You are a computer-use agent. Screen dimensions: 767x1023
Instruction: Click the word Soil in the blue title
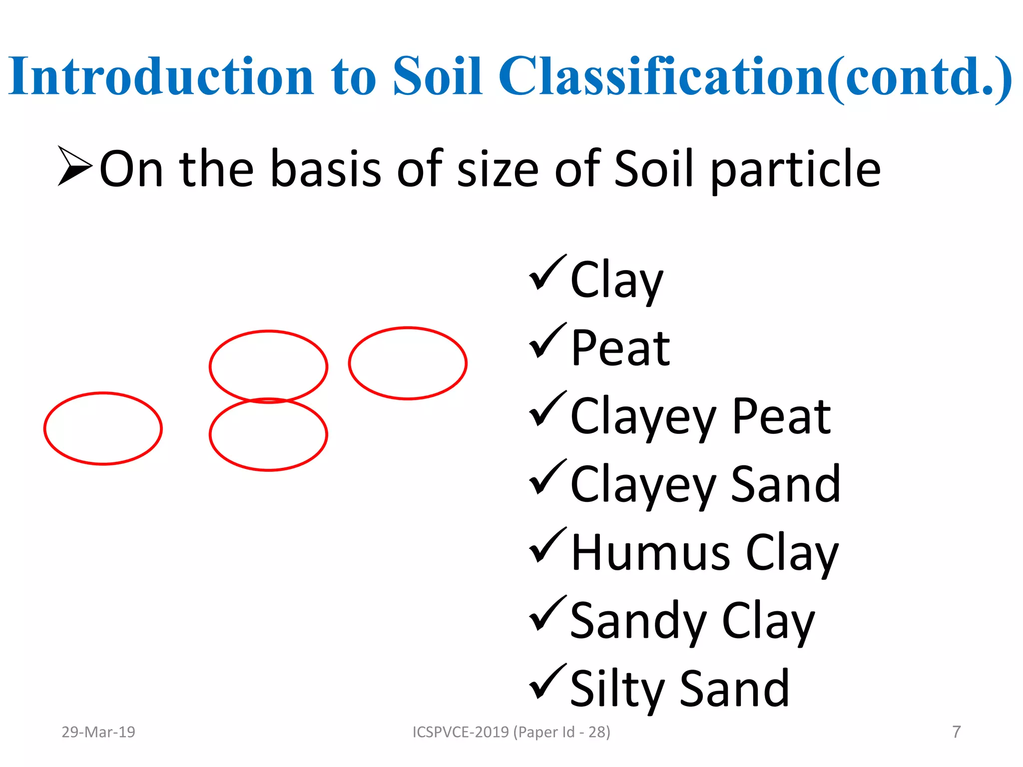pos(438,76)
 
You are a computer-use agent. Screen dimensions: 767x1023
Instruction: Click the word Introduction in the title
pos(161,76)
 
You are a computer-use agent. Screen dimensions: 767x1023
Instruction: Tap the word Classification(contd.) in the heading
pos(755,76)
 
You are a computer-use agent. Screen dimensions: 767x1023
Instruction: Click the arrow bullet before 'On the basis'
pos(75,166)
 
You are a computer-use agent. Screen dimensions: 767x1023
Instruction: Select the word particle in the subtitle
pos(795,170)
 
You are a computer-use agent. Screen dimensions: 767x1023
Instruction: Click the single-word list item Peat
pos(620,348)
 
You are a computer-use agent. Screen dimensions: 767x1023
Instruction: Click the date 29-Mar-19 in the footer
pos(98,732)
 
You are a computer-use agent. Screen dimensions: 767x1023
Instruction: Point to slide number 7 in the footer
pos(956,732)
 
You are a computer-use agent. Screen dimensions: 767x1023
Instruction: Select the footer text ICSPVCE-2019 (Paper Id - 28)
pos(511,732)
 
